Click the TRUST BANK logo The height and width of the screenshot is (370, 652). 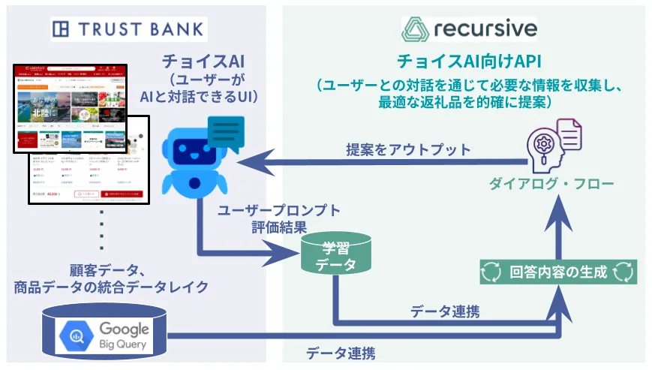[128, 29]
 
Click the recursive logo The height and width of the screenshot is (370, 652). [470, 29]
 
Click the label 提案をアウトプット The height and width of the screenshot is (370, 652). [408, 149]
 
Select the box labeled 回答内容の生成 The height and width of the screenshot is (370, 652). [557, 272]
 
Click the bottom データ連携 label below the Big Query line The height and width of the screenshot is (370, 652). [341, 352]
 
